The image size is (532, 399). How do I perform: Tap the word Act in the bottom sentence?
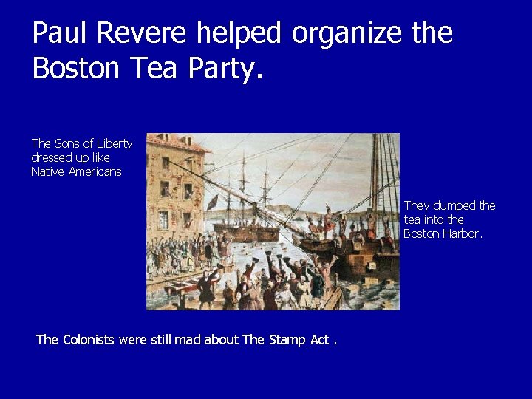point(320,340)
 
